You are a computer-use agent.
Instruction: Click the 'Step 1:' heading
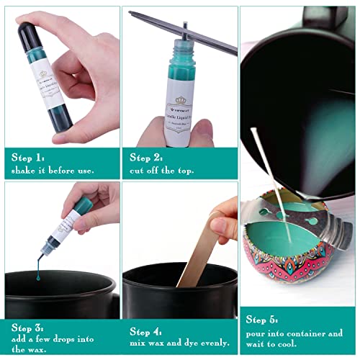tap(28, 156)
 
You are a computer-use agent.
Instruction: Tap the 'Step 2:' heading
tap(146, 156)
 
